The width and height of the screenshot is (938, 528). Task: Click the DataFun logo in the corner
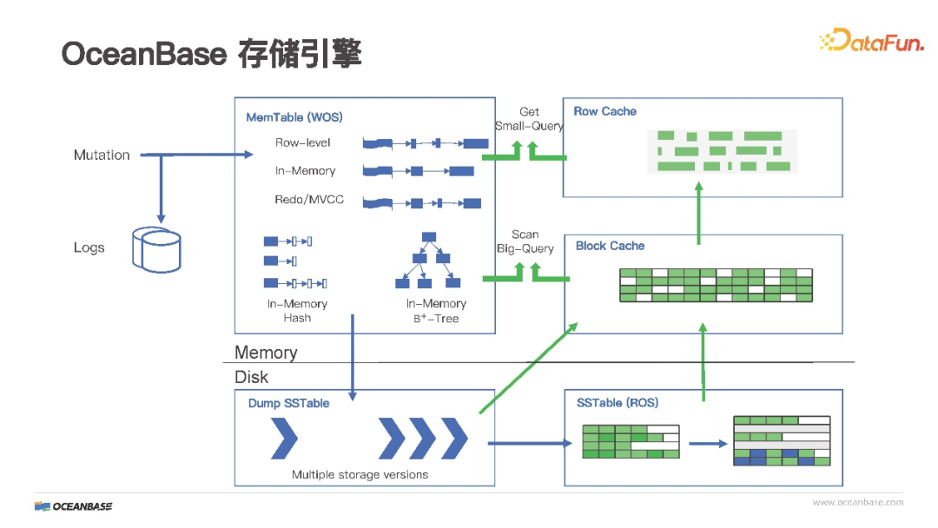click(x=871, y=40)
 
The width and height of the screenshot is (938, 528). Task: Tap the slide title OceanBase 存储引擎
click(x=211, y=54)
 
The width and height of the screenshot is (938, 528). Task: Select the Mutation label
click(x=102, y=155)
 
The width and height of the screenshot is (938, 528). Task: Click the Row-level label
click(x=302, y=142)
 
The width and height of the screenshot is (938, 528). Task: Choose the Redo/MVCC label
click(x=309, y=200)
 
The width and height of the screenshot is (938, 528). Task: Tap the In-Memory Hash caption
click(x=297, y=311)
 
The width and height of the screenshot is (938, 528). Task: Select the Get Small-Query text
click(x=529, y=119)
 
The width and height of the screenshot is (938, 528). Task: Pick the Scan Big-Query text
click(x=525, y=241)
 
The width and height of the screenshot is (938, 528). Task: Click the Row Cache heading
click(x=604, y=111)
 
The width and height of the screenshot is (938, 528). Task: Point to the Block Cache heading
click(x=610, y=246)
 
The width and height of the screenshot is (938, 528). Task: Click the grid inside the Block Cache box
click(x=716, y=285)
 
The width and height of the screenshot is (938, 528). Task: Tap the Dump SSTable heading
click(x=288, y=403)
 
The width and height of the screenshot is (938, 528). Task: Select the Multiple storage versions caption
click(x=360, y=474)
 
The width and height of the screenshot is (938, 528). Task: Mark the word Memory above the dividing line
click(x=266, y=353)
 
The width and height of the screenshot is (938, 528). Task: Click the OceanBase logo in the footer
click(x=74, y=505)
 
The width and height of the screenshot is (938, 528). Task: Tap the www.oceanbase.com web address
click(x=857, y=502)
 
